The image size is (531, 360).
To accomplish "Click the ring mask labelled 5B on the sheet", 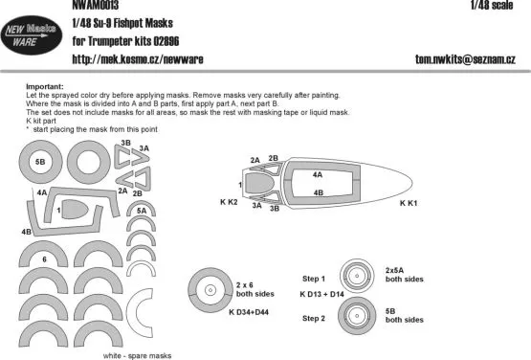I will (x=39, y=163).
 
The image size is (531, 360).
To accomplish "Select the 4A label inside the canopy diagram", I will (x=318, y=175).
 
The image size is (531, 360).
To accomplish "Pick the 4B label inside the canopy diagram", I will (x=318, y=192).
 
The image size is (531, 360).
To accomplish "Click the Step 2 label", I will (x=315, y=315).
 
